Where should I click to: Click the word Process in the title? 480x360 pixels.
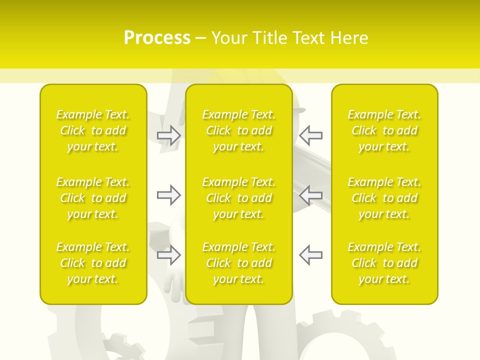157,38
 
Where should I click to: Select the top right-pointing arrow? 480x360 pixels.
168,135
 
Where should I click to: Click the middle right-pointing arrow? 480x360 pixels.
168,195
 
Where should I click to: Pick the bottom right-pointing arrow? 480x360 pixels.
168,255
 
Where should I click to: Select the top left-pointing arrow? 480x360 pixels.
311,135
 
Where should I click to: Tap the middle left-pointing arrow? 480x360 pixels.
311,195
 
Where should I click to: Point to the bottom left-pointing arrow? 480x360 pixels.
311,255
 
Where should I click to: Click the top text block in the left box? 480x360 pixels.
93,130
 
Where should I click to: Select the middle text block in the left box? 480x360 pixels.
93,198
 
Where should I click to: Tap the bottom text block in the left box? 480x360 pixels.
93,263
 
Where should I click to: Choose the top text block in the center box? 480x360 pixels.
239,130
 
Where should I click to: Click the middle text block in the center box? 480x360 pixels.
239,198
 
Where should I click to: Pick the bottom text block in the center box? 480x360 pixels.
239,263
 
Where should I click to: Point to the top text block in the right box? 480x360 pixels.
384,130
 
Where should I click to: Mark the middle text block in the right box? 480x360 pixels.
384,198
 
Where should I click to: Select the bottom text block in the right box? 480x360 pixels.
384,263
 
